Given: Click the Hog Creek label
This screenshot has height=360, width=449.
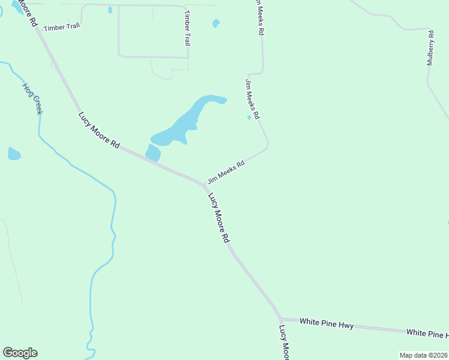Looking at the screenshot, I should pyautogui.click(x=33, y=98).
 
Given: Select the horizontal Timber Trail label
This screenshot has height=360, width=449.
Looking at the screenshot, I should pyautogui.click(x=61, y=26).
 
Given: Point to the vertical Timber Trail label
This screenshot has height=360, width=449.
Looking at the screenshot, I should pyautogui.click(x=187, y=28).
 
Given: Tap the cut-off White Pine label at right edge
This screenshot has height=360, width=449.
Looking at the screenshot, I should pyautogui.click(x=427, y=333).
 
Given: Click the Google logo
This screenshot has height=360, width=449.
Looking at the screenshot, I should pyautogui.click(x=20, y=353).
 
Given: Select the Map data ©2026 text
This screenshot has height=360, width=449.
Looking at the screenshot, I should pyautogui.click(x=423, y=355).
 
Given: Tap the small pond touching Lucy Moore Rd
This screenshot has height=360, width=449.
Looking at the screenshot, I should pyautogui.click(x=153, y=152).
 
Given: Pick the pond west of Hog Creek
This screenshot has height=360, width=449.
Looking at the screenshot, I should pyautogui.click(x=14, y=154).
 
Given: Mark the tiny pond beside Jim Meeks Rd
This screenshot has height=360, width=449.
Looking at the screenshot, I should pyautogui.click(x=249, y=118).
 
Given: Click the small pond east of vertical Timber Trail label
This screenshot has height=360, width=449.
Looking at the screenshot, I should pyautogui.click(x=216, y=23).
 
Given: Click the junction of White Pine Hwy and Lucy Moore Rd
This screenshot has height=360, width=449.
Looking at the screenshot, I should pyautogui.click(x=280, y=319).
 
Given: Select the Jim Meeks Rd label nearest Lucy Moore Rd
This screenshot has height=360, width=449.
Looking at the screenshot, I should pyautogui.click(x=226, y=172).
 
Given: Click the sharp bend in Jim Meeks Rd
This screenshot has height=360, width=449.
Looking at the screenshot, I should pyautogui.click(x=267, y=144).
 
